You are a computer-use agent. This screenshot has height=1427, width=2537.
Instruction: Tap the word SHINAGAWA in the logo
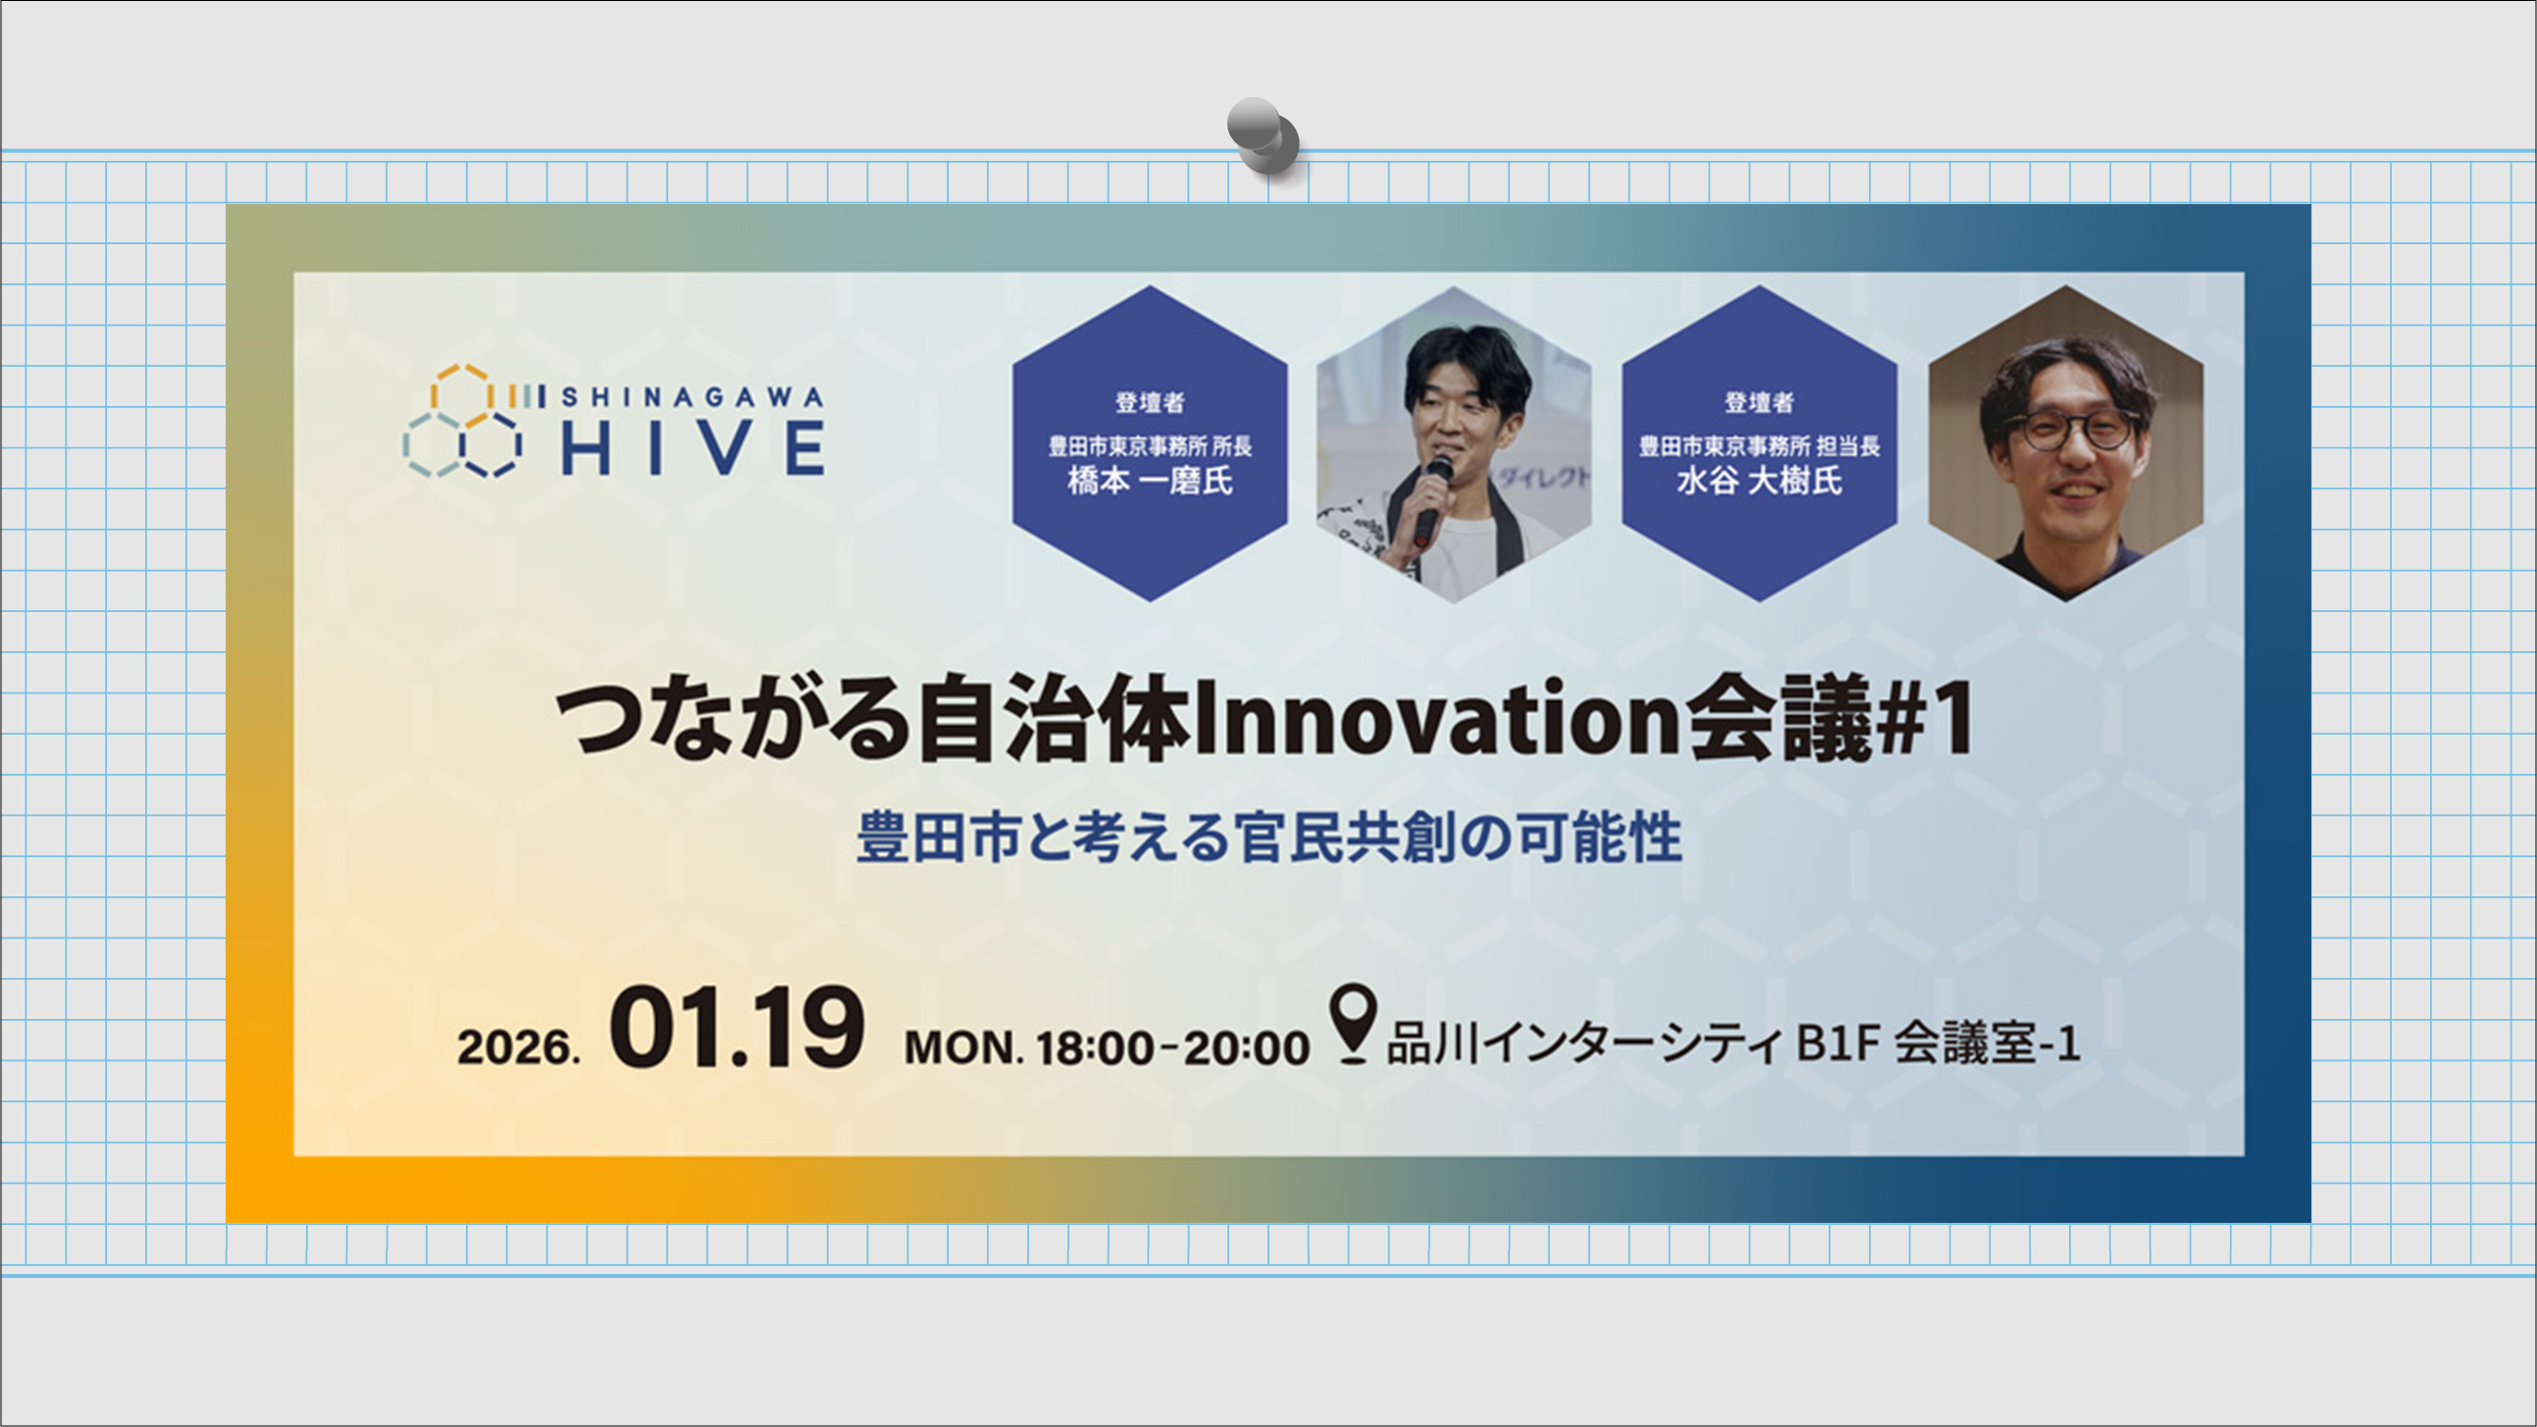click(692, 397)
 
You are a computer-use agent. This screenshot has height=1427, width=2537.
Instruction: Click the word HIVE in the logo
click(693, 448)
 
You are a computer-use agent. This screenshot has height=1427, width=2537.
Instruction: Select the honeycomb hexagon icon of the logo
click(463, 423)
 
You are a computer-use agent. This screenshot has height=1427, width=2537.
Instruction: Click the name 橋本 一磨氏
click(1150, 481)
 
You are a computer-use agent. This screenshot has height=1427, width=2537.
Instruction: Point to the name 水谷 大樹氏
click(1759, 481)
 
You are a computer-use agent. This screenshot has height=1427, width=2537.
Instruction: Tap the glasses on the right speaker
click(2073, 431)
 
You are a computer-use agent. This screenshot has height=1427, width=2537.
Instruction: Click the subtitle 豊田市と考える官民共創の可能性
click(1268, 839)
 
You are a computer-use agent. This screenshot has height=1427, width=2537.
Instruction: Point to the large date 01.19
click(737, 1029)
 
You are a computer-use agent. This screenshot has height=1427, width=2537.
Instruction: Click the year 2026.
click(518, 1046)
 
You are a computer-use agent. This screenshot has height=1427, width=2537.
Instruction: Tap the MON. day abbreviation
click(963, 1047)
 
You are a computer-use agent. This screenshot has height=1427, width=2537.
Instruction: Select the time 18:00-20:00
click(1173, 1047)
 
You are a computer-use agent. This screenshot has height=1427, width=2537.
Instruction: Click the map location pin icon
click(1352, 1023)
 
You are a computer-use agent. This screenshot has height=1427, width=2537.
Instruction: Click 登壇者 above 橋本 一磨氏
click(1150, 402)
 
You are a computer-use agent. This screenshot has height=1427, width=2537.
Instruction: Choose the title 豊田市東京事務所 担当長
click(1759, 446)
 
